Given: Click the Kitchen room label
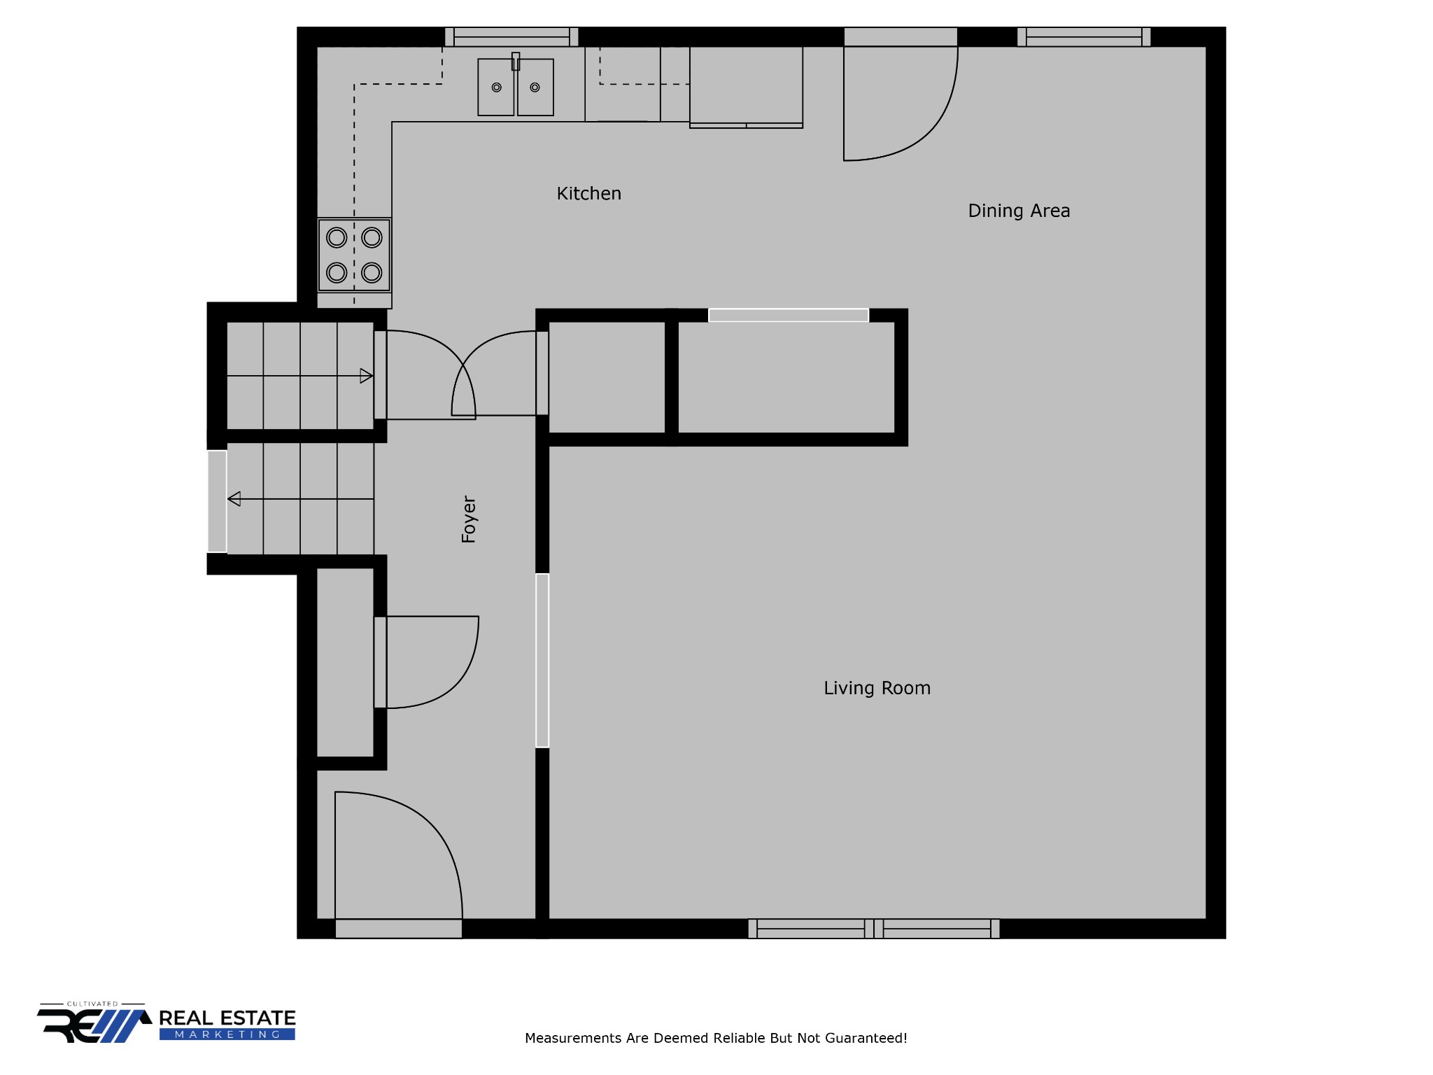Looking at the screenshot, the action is [x=588, y=194].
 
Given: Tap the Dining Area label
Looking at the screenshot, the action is [x=1019, y=211].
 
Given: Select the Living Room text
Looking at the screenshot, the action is [x=877, y=689].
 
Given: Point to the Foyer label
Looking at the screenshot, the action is [x=468, y=519].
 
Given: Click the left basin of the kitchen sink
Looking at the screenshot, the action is [x=496, y=87].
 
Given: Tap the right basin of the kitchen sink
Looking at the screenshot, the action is [x=535, y=87].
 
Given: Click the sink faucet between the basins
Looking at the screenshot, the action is [x=516, y=61].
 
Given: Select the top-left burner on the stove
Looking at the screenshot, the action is [x=337, y=238].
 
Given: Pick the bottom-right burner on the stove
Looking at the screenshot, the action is [x=372, y=272].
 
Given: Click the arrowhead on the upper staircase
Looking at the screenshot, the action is [x=366, y=376].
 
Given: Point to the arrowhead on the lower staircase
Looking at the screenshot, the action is [x=234, y=499].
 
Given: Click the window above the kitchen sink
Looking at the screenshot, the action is [x=511, y=36].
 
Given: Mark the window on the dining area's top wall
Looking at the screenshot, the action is [x=1083, y=36].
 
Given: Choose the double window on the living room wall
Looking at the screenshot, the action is [x=874, y=929].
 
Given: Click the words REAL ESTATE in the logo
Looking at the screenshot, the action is [x=227, y=1018].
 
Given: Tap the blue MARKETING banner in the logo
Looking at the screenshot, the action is [x=227, y=1034].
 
